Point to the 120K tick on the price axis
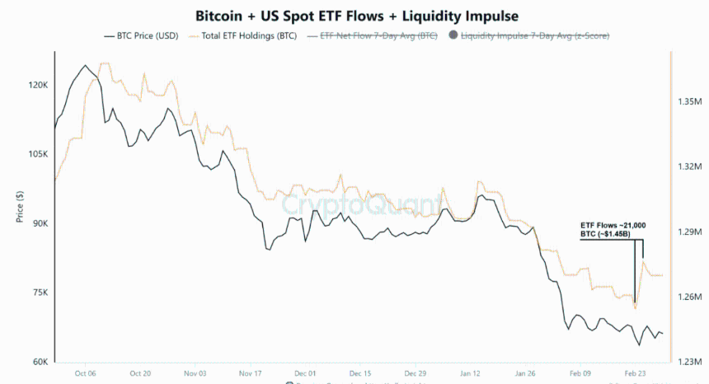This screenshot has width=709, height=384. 38,86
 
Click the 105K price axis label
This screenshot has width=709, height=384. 38,155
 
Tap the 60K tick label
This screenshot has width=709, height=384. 40,363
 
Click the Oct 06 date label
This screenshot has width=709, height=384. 85,373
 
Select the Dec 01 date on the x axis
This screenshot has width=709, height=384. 305,373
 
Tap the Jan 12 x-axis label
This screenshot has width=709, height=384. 471,373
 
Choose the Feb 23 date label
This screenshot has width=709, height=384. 636,373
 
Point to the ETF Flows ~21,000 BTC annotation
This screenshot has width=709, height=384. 613,229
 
